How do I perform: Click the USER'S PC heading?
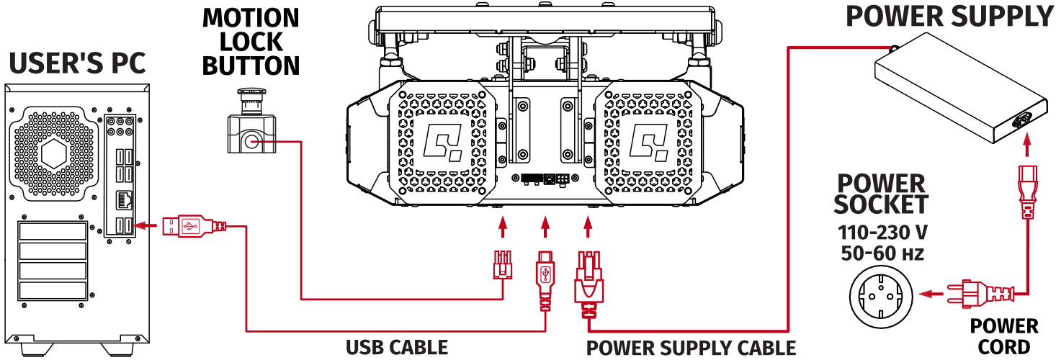click(x=77, y=64)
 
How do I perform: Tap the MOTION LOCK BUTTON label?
click(x=250, y=42)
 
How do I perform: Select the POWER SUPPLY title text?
click(x=949, y=15)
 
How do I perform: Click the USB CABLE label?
click(x=396, y=347)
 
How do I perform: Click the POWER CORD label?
click(x=1003, y=336)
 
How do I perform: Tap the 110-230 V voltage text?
click(x=882, y=233)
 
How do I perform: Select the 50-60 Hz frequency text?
click(x=882, y=253)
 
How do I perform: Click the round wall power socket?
click(x=881, y=294)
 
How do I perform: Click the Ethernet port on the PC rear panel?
click(x=123, y=199)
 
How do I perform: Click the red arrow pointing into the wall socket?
click(x=933, y=294)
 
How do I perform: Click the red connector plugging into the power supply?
click(x=1026, y=191)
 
